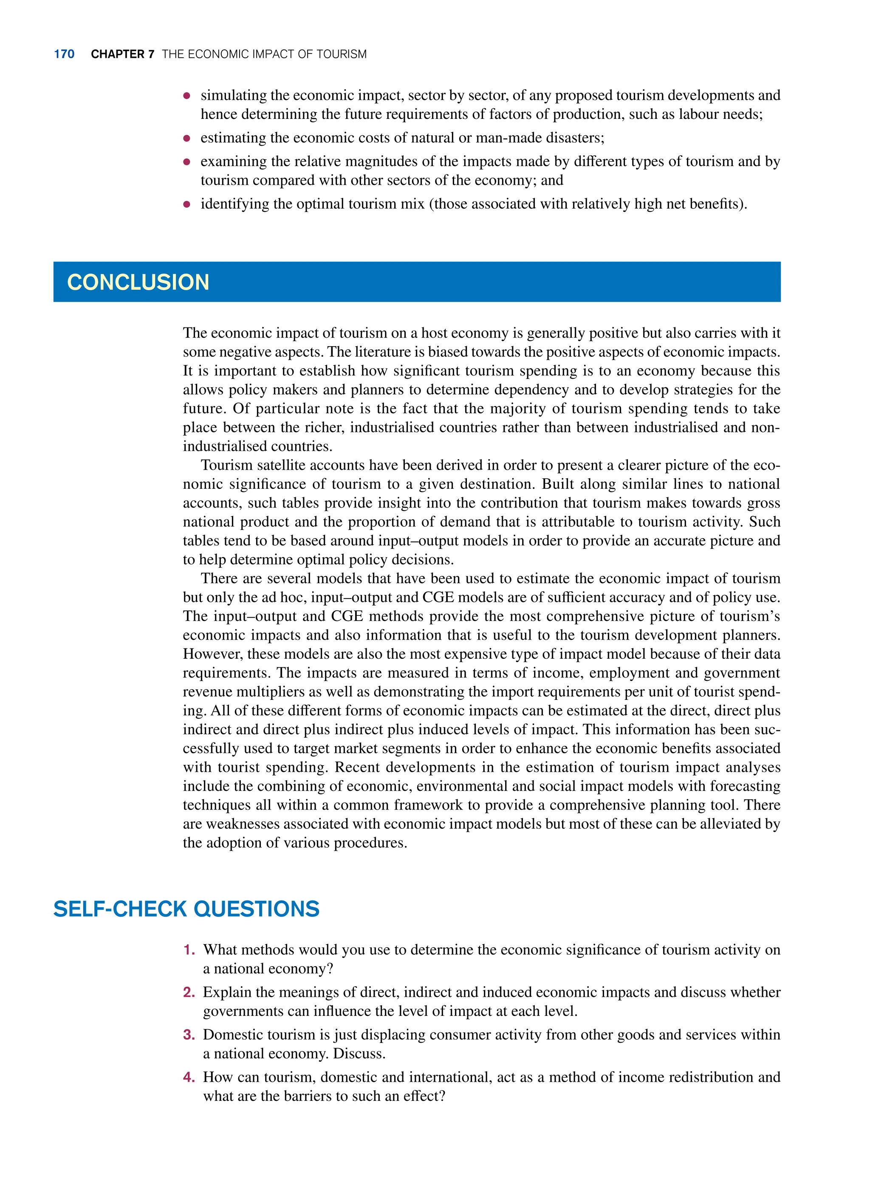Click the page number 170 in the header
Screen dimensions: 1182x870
64,54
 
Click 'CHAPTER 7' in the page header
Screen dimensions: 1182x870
122,54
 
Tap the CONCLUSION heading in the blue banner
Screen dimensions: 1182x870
138,282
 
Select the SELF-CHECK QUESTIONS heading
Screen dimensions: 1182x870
186,909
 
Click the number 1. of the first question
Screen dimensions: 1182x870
189,950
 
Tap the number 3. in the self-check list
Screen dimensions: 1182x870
189,1035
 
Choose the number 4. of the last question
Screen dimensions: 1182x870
189,1077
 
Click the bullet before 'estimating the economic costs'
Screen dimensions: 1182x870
186,138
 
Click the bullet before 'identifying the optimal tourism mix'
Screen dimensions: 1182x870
186,204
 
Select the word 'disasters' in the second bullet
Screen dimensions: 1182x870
573,138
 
